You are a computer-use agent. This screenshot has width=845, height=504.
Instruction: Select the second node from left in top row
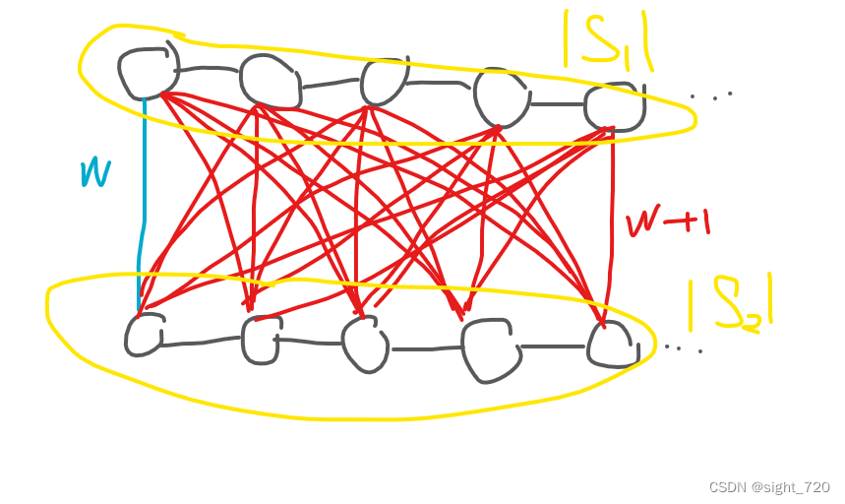[x=269, y=81]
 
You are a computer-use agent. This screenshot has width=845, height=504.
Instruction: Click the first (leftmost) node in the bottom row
[x=145, y=334]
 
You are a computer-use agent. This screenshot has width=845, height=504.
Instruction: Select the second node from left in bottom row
[x=262, y=339]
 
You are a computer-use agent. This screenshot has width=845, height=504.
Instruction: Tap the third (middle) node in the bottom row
[x=365, y=344]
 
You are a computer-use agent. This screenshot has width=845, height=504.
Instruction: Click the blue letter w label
[x=94, y=173]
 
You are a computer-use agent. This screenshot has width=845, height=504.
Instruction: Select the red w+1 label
[x=668, y=222]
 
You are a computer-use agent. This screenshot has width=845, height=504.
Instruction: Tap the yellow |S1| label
[x=608, y=39]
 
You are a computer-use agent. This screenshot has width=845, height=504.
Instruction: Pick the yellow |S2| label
[x=730, y=303]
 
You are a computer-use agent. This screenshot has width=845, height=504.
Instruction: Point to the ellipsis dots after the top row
[x=711, y=95]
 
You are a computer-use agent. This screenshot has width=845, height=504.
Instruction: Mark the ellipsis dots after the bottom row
[x=683, y=347]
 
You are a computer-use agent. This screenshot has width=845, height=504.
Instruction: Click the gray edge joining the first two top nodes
[x=209, y=69]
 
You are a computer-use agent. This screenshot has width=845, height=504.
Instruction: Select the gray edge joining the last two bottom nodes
[x=553, y=346]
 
